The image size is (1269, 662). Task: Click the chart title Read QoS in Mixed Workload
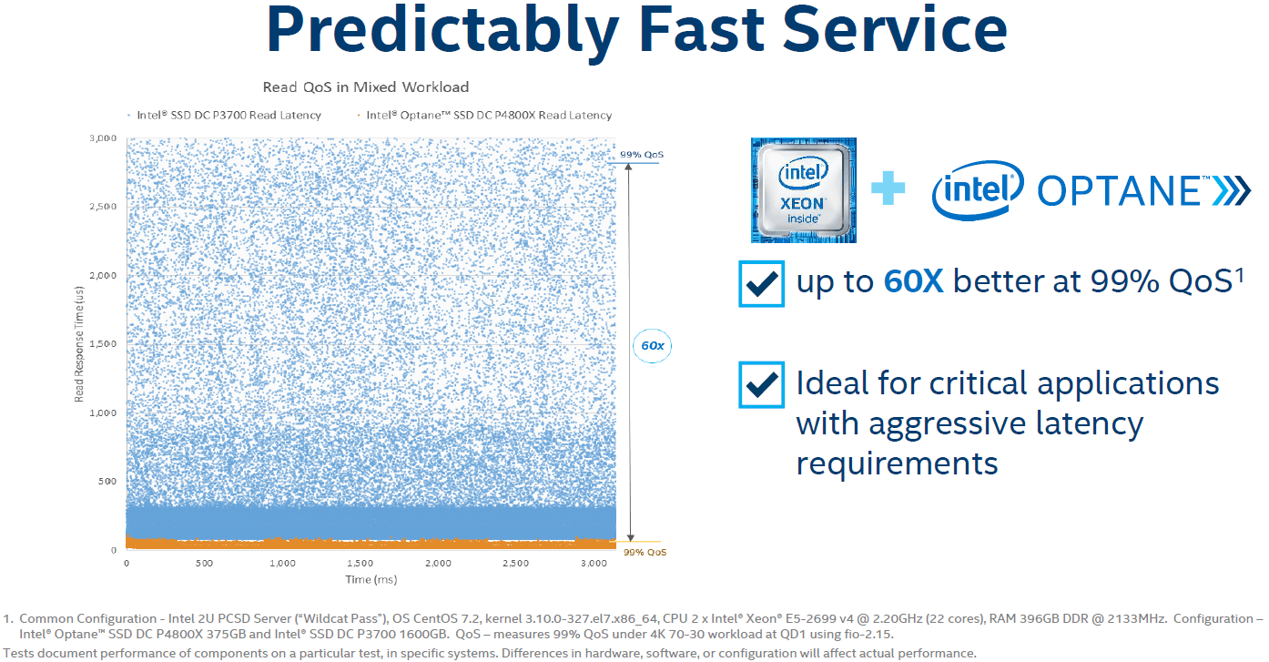click(366, 87)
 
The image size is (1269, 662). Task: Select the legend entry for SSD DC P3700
click(228, 116)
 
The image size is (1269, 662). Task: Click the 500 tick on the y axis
click(107, 482)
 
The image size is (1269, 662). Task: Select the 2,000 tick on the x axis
click(439, 564)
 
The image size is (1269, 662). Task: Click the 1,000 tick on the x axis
click(282, 564)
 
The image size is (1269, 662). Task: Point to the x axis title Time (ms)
click(371, 580)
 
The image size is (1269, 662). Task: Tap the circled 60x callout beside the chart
click(652, 346)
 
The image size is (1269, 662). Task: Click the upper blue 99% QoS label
click(642, 155)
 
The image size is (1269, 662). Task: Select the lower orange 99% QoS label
click(644, 553)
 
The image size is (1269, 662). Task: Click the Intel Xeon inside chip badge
click(803, 190)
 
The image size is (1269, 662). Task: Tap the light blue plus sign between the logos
click(888, 189)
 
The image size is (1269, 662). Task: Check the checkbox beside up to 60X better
click(761, 284)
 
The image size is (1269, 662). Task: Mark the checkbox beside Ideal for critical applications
click(761, 384)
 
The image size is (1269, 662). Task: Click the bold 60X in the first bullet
click(914, 282)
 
